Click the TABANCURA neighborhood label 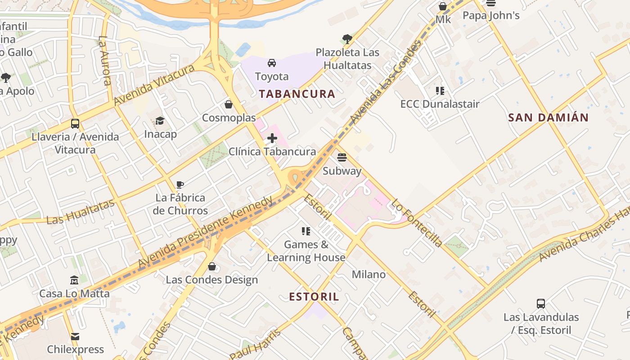(x=297, y=94)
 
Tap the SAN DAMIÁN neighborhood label (x=548, y=118)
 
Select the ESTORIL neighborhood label (x=314, y=297)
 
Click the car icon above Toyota (x=272, y=63)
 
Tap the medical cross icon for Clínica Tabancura (x=272, y=138)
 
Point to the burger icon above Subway (x=342, y=157)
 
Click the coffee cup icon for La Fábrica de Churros (x=180, y=184)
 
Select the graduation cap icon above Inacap (x=160, y=121)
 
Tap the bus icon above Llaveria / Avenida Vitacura (x=75, y=123)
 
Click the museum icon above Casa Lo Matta (x=74, y=280)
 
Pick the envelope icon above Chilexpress (x=75, y=336)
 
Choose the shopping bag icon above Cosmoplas (x=229, y=104)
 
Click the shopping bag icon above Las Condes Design (x=212, y=266)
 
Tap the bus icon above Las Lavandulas (x=541, y=304)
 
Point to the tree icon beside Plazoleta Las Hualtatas (x=347, y=39)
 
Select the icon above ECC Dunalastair (x=440, y=90)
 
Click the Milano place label (x=369, y=274)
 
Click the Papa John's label (x=491, y=16)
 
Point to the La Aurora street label (x=104, y=61)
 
